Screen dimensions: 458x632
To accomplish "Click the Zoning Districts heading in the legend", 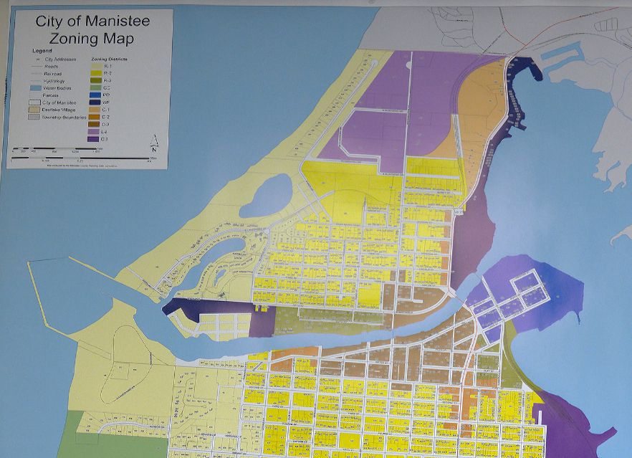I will point(109,59).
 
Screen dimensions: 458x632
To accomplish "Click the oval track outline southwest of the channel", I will point(122,358).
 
